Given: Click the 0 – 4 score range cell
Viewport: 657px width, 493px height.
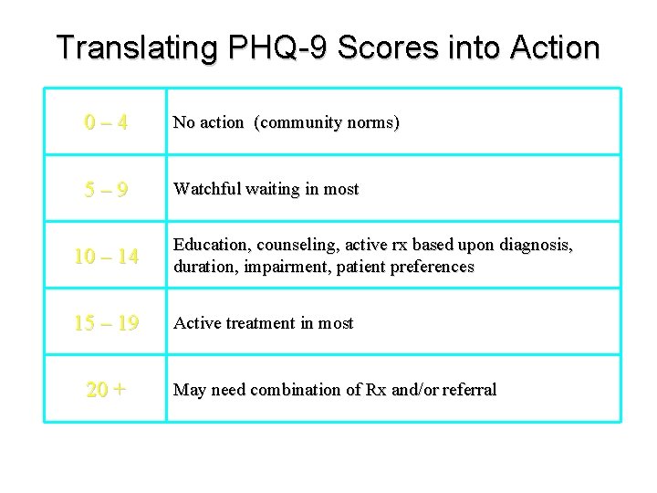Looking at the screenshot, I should [x=106, y=121].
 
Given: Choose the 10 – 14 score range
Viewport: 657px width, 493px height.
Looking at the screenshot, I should [x=106, y=258].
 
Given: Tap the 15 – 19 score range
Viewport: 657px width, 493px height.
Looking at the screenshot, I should [x=106, y=324].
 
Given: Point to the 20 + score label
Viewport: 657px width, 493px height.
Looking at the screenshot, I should [x=106, y=391].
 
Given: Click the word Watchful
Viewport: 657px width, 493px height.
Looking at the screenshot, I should [x=206, y=190].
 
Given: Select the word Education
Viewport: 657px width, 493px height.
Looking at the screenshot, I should [x=209, y=246].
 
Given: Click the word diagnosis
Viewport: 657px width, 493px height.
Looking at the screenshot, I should [x=536, y=246].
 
